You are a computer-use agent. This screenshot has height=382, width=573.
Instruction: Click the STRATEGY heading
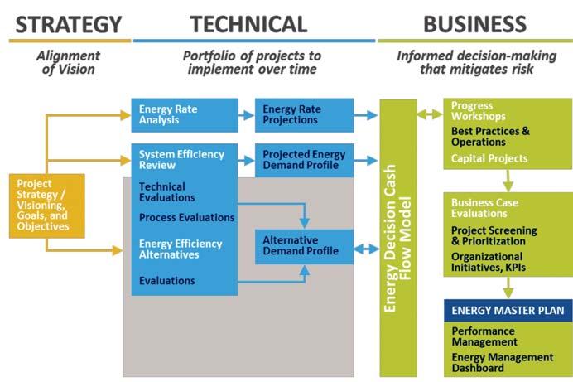(69, 23)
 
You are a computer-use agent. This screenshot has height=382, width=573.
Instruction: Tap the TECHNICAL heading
(248, 23)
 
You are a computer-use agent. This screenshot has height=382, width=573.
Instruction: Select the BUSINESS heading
(474, 23)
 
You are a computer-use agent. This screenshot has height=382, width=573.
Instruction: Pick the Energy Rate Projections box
(304, 114)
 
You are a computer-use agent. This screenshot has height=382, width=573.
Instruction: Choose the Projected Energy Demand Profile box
(304, 160)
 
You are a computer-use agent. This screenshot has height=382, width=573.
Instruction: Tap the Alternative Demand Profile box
(304, 246)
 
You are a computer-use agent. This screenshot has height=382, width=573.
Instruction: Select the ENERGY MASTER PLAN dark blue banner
(507, 312)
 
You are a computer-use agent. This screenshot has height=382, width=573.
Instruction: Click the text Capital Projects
(489, 158)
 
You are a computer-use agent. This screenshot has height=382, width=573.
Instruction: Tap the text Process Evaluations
(186, 218)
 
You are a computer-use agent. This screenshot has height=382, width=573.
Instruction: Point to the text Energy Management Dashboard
(502, 362)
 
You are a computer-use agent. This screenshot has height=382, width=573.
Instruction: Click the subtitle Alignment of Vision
(68, 63)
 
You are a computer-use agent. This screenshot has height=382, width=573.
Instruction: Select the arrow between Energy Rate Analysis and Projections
(246, 115)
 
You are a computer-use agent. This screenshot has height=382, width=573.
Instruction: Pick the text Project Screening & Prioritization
(494, 235)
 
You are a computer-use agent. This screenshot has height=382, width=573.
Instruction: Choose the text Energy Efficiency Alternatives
(181, 249)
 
